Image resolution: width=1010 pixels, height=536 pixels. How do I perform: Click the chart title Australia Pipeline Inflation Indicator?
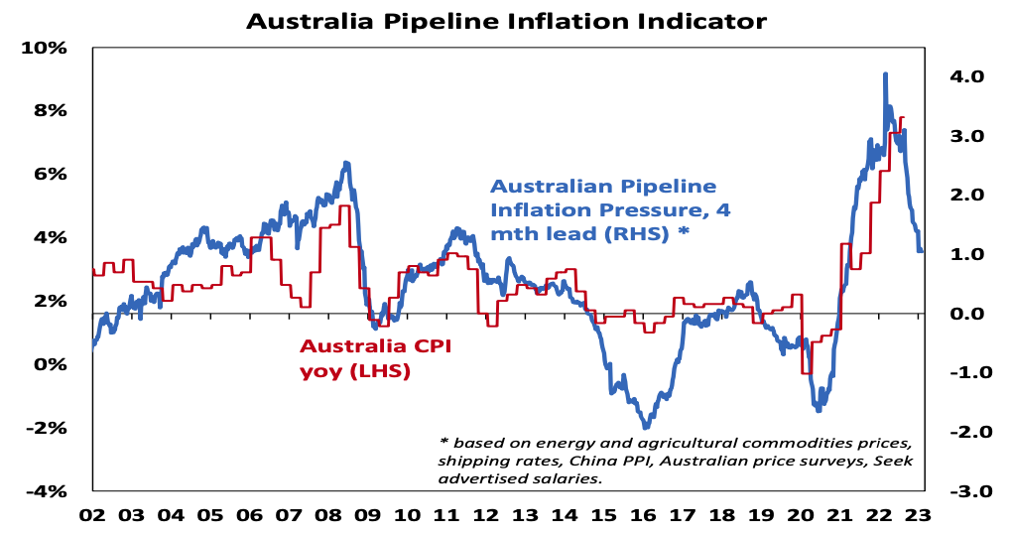coord(506,20)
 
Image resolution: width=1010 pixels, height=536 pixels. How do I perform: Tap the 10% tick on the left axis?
coord(46,48)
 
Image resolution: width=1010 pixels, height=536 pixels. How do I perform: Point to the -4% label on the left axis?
coord(46,491)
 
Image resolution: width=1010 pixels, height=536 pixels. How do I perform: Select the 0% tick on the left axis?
coord(49,364)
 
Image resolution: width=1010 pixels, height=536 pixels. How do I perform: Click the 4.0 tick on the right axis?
coord(964,76)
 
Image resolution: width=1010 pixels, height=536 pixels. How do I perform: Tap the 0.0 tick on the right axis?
coord(964,314)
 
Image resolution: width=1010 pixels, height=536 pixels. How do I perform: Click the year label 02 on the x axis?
coord(92,515)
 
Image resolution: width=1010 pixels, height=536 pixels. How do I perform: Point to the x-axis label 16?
coord(643,515)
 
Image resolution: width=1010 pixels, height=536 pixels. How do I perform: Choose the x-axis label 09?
coord(367,515)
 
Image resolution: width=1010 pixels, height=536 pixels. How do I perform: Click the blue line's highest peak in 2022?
coord(885,74)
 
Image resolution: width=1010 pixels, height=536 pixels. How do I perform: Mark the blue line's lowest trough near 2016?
coord(646,426)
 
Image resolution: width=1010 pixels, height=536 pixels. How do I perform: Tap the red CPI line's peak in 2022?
coord(901,118)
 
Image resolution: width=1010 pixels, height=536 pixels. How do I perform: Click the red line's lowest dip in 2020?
coord(807,372)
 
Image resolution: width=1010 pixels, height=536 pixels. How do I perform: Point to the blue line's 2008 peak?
coord(345,163)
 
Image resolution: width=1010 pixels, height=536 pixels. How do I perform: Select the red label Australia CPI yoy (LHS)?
coord(355,358)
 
